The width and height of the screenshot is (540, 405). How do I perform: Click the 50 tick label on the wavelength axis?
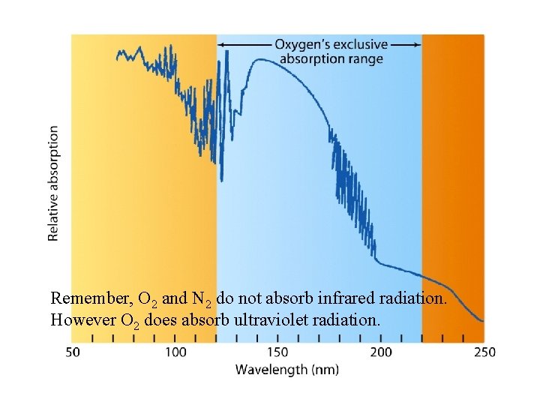(x=72, y=352)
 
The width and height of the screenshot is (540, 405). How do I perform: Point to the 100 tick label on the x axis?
(x=175, y=352)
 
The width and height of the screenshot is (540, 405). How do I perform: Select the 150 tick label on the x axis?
(x=278, y=352)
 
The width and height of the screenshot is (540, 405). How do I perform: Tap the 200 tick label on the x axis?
(x=381, y=352)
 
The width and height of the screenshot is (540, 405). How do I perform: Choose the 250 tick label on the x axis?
(x=484, y=352)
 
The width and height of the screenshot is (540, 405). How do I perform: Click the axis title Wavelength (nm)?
(x=287, y=369)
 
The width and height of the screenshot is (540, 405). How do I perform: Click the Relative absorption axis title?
(x=53, y=183)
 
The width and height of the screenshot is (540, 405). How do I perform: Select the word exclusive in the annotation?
(x=361, y=44)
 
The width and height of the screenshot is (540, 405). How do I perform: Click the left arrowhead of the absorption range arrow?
(x=222, y=45)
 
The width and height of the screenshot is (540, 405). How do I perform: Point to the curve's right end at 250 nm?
(x=483, y=320)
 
